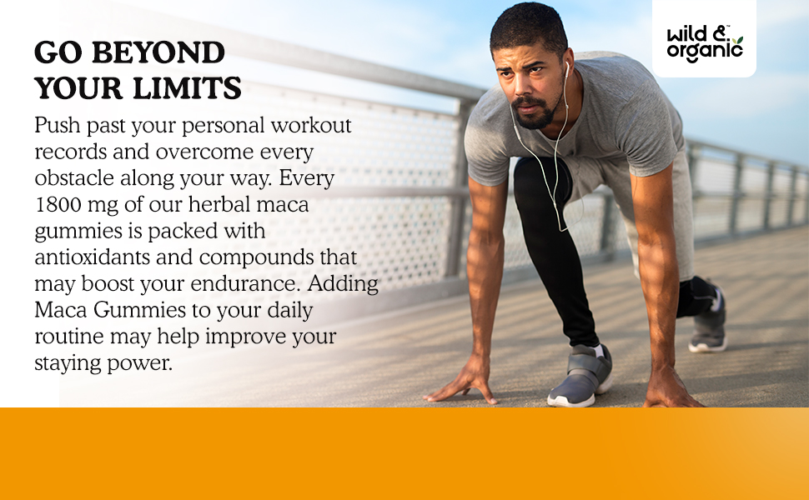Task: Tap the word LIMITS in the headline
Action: pyautogui.click(x=188, y=87)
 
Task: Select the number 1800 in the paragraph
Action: pyautogui.click(x=58, y=205)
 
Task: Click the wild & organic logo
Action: pyautogui.click(x=704, y=43)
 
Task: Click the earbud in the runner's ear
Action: pyautogui.click(x=566, y=68)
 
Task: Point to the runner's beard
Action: pyautogui.click(x=536, y=114)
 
